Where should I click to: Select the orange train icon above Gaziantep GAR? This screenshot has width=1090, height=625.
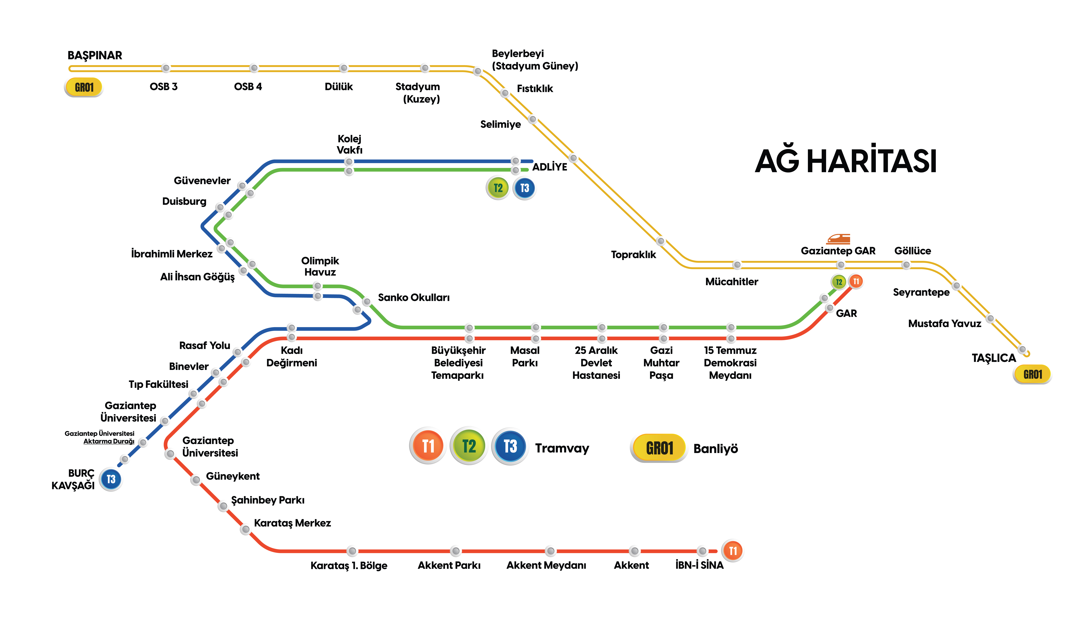pos(838,239)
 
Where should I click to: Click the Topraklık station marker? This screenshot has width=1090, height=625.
pos(660,241)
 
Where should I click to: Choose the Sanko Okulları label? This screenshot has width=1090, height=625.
pos(414,297)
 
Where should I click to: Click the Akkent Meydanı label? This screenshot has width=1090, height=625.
pos(546,565)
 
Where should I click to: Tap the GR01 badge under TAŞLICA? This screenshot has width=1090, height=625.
pos(1032,374)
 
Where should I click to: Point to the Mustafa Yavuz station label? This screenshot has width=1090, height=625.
pos(944,324)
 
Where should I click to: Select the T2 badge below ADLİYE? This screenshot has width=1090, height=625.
pos(498,188)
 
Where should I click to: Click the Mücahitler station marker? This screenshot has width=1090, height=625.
pos(737,265)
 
